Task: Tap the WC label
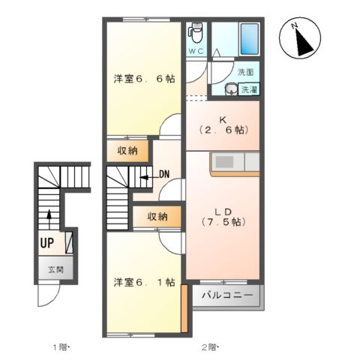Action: coord(195,51)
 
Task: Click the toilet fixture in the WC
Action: coord(196,32)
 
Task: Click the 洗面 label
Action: coord(246,73)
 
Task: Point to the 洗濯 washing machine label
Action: coord(248,90)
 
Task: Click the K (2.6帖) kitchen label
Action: coord(222,124)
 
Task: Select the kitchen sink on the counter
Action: coord(226,162)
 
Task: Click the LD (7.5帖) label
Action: coord(223,215)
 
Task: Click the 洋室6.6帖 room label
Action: coord(144,78)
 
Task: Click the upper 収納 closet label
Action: coord(127,151)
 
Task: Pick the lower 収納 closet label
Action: coord(157,217)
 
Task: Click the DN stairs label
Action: coord(164,175)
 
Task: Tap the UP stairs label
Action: coord(46,243)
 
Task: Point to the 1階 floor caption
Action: coord(60,346)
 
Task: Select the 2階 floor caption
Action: coord(208,346)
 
